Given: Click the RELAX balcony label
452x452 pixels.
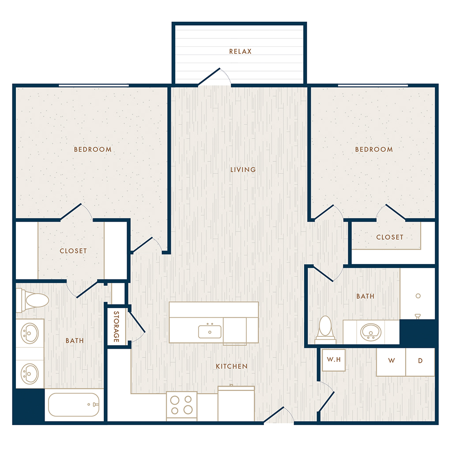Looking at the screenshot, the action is [240, 51].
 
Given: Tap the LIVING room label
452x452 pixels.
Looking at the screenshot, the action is [243, 169].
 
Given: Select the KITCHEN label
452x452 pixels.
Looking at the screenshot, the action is [232, 366].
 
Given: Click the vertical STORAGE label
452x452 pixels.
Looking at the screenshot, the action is [116, 326].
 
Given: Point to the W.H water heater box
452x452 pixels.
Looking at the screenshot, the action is [334, 360].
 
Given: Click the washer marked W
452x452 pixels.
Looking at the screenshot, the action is [391, 362].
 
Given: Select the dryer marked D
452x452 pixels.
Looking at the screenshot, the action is [420, 362].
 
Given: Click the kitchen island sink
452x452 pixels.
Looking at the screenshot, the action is [210, 331].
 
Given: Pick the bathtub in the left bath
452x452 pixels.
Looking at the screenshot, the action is [74, 404].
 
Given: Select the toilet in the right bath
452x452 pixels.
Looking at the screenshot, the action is [325, 329].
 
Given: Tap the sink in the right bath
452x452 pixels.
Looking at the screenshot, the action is [371, 332].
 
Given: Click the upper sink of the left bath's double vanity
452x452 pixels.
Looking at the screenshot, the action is [30, 333].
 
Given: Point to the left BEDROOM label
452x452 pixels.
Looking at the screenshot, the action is [93, 149].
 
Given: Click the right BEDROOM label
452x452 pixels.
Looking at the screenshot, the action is [374, 149].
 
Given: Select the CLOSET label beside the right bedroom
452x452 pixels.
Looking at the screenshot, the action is [390, 237].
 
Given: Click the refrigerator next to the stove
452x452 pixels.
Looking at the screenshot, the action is [236, 403].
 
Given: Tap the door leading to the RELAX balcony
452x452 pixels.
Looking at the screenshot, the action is [210, 77].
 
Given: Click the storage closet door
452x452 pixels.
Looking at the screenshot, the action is [137, 321].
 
